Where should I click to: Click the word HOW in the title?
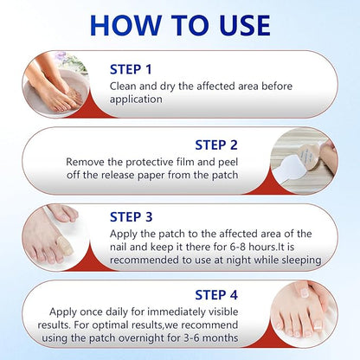126,25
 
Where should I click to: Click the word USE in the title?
245,25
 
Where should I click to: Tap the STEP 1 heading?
131,69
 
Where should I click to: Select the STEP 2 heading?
216,145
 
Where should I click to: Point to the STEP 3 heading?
131,217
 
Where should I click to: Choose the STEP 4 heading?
216,295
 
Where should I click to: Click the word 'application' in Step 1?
136,100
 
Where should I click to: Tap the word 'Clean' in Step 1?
123,86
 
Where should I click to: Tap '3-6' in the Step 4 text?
191,337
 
